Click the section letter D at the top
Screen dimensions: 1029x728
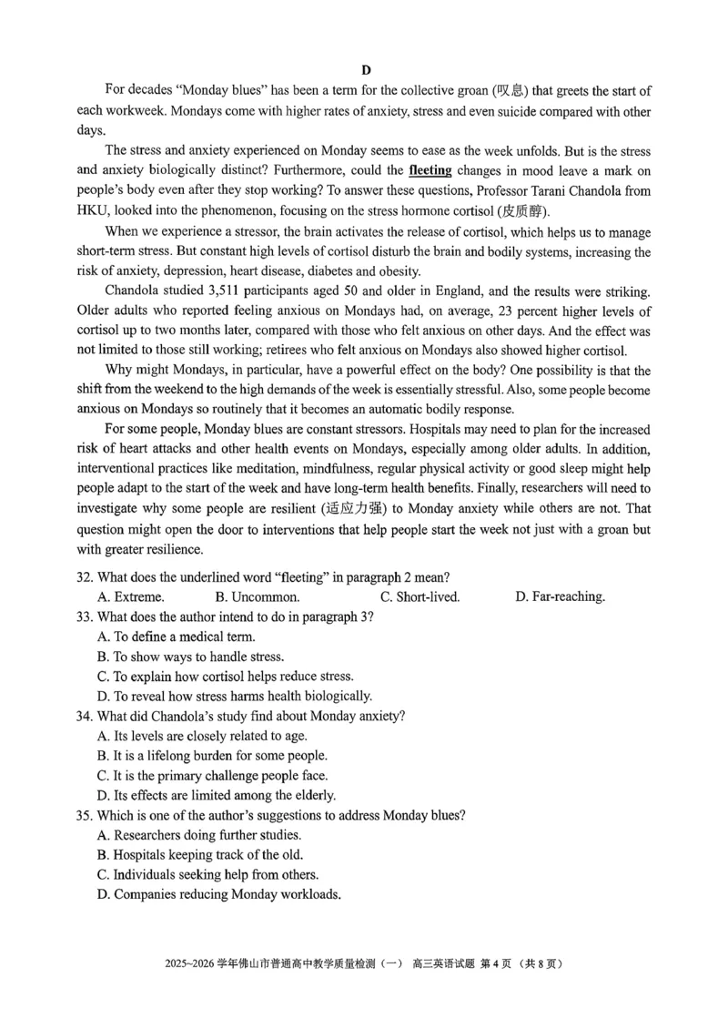(366, 70)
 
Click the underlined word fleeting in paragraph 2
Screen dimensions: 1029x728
(430, 170)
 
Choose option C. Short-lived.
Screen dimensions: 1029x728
(420, 596)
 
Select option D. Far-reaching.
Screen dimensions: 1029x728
(560, 596)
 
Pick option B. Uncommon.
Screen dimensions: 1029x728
(258, 596)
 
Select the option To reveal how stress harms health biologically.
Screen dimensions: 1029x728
(234, 697)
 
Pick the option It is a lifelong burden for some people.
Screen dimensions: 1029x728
(211, 755)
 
